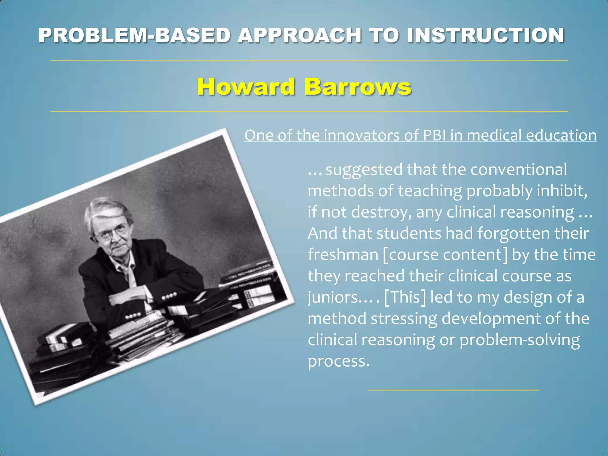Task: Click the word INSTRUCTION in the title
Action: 485,35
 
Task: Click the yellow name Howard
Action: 246,87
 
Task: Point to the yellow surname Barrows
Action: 358,87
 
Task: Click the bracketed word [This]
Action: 405,297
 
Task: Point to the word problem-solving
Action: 520,340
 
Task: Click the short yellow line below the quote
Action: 454,390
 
